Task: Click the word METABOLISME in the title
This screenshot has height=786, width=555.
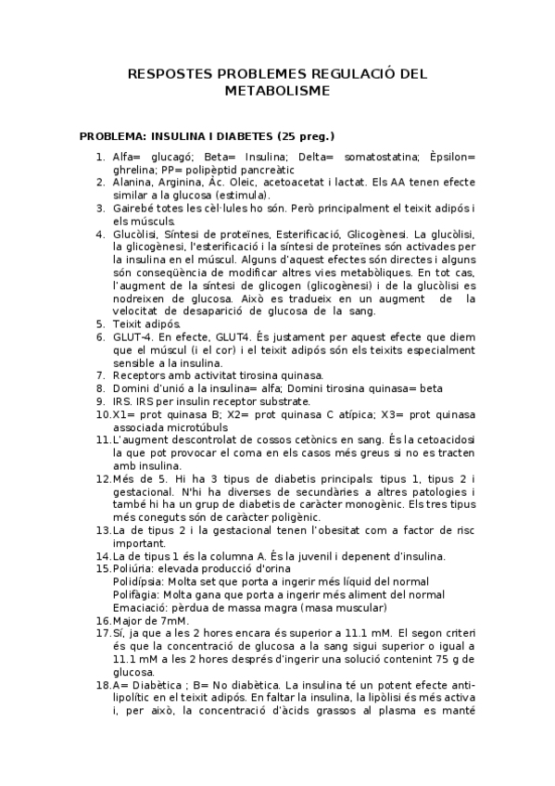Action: click(277, 91)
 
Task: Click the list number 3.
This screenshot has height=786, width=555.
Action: click(100, 210)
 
